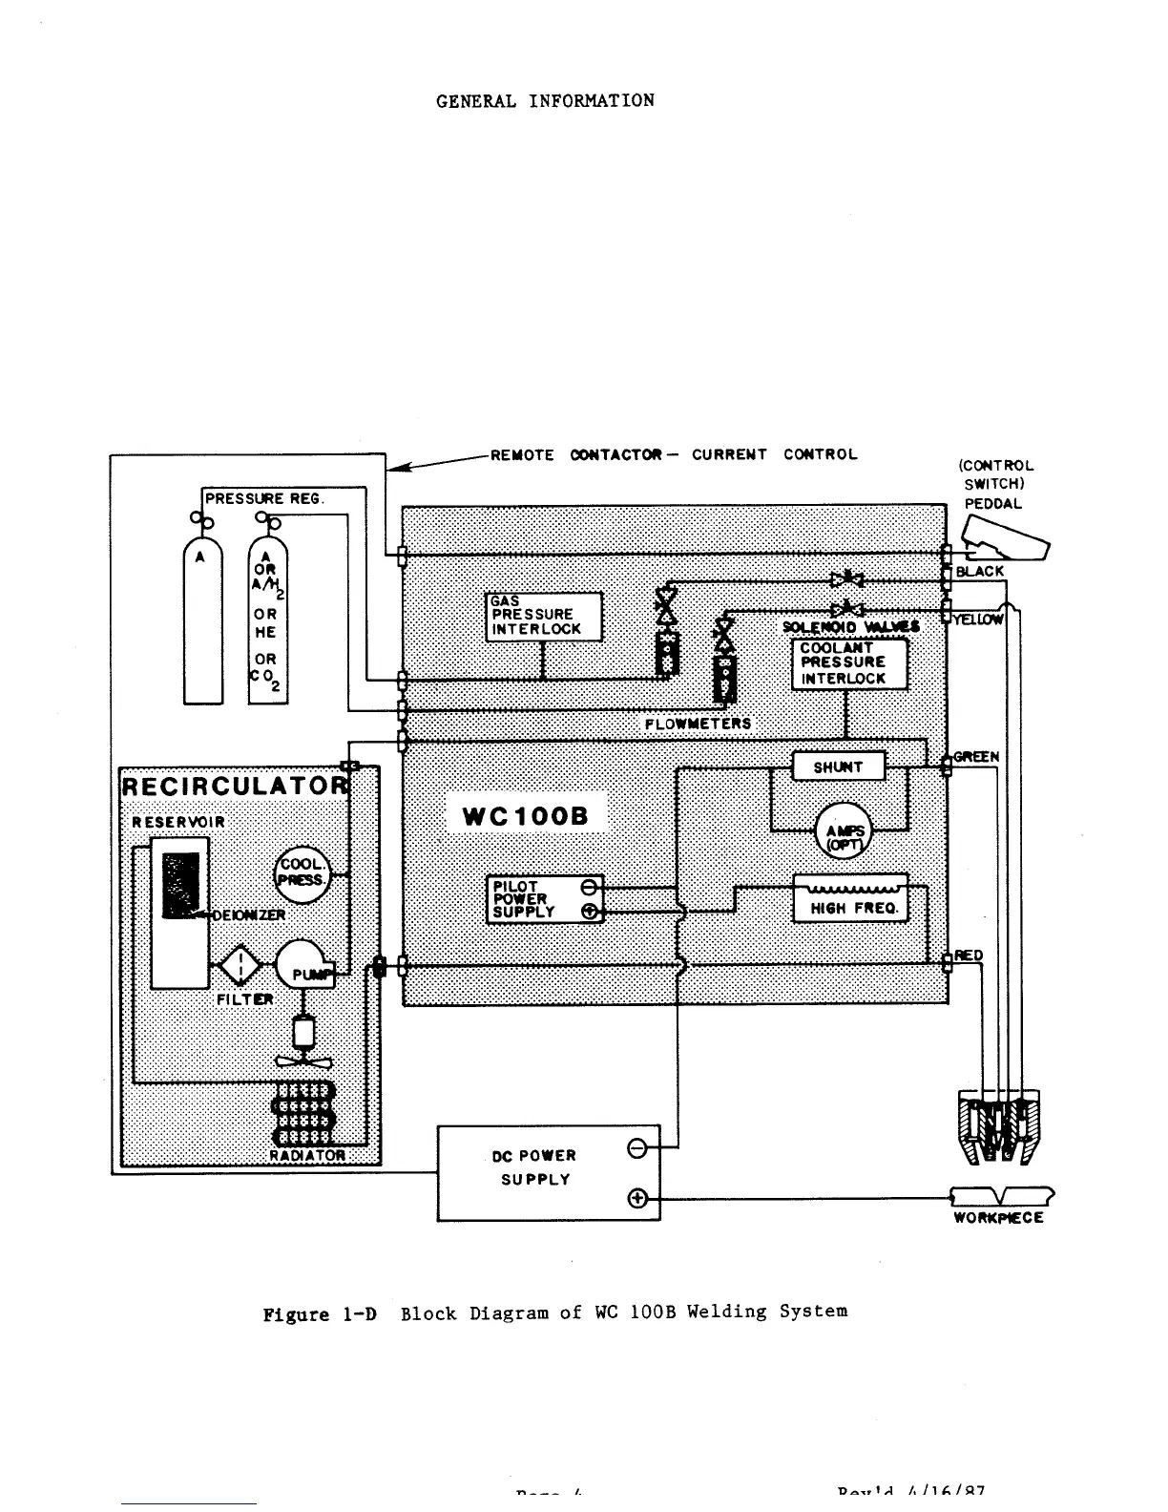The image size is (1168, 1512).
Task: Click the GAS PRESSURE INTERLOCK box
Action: pyautogui.click(x=545, y=617)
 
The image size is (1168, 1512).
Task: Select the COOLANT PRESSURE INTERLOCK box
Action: pyautogui.click(x=848, y=663)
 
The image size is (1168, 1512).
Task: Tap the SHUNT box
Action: pyautogui.click(x=838, y=766)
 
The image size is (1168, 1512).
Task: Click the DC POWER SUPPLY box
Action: pyautogui.click(x=548, y=1172)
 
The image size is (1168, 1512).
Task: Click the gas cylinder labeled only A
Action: pyautogui.click(x=202, y=620)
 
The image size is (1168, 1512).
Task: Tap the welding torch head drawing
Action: pyautogui.click(x=998, y=1126)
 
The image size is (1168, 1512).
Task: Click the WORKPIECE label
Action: pyautogui.click(x=998, y=1218)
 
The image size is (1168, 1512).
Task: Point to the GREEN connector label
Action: pyautogui.click(x=976, y=757)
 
